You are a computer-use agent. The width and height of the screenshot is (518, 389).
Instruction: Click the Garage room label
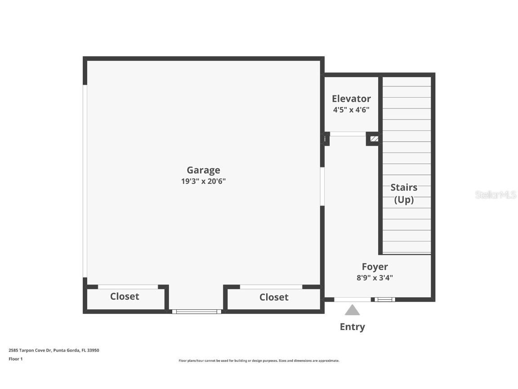pos(203,170)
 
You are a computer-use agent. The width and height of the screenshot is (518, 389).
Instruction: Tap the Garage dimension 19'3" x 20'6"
pos(203,181)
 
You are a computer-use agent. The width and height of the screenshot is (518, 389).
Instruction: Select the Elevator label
pos(351,99)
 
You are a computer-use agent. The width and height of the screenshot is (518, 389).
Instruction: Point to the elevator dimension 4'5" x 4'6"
pos(351,110)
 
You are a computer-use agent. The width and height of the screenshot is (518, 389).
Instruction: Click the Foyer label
pos(375,267)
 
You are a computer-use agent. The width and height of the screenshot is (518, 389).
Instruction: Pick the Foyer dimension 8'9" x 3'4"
pos(375,278)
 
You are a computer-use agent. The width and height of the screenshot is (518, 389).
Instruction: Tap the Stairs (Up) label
pos(404,194)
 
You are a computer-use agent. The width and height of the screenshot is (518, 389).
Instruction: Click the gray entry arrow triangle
pos(352,310)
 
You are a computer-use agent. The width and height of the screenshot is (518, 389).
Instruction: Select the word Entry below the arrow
pos(352,327)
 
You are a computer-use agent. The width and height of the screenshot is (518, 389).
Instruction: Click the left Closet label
pos(125,296)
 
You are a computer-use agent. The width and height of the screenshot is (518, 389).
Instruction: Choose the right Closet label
pos(274,297)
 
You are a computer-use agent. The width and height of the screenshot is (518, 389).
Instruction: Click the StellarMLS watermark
pos(496,195)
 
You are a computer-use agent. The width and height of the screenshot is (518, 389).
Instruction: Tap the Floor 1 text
pos(15,359)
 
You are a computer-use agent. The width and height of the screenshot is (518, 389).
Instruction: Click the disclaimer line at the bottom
pos(259,361)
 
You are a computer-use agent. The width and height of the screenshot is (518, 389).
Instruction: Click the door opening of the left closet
pos(128,287)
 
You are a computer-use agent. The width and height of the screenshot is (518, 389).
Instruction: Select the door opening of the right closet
pos(271,287)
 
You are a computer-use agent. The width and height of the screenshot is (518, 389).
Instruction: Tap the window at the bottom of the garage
pos(197,311)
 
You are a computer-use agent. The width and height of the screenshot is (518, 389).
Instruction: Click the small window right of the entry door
pos(385,299)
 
